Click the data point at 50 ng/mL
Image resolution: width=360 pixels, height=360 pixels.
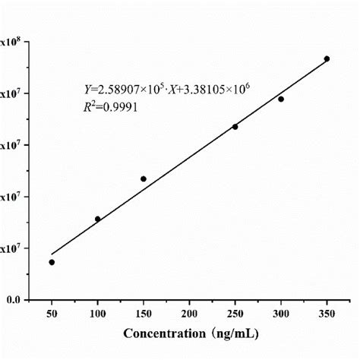coord(52,262)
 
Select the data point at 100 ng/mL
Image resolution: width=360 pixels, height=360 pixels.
coord(97,219)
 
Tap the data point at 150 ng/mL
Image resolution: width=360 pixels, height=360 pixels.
coord(144,178)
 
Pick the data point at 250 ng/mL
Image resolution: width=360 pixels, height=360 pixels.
coord(235,126)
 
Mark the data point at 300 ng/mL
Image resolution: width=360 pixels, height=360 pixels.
coord(281,99)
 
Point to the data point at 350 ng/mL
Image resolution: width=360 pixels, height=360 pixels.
coord(327,58)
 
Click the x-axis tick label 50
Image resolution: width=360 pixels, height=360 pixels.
coord(52,312)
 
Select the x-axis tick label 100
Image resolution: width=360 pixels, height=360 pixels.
coord(97,312)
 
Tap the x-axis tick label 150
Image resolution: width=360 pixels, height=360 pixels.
coord(144,312)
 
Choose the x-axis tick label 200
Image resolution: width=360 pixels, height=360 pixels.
coord(189,312)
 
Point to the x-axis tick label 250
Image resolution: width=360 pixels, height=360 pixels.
coord(235,312)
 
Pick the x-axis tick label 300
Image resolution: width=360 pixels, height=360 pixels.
coord(281,312)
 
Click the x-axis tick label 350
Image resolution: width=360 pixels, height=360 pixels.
coord(327,312)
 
